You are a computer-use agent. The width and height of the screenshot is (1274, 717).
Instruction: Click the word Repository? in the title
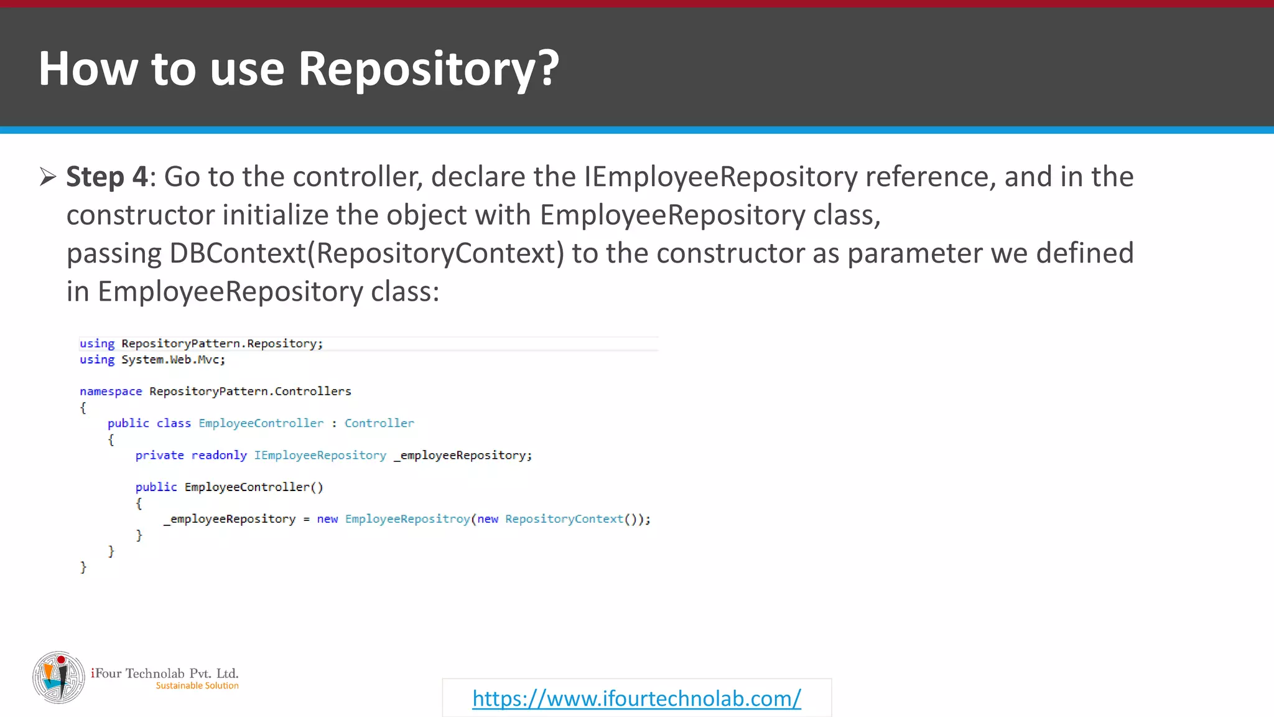(429, 68)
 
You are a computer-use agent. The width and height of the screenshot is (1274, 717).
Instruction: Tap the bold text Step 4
(107, 177)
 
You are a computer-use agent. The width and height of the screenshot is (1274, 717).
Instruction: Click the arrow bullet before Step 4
(48, 177)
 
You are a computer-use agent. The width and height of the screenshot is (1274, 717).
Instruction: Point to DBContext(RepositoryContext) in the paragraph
(366, 253)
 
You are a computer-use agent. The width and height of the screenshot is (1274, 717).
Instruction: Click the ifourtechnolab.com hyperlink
(636, 698)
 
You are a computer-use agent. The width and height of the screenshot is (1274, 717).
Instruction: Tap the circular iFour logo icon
(58, 677)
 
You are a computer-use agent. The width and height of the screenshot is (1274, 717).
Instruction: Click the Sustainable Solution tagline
(197, 686)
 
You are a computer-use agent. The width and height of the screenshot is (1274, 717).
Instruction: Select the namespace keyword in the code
(111, 391)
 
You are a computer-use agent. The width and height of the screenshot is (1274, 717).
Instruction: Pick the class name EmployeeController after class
(261, 423)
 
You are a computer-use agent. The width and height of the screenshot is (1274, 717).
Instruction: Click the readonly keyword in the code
(219, 456)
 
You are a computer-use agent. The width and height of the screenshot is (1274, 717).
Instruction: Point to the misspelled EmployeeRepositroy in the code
(407, 519)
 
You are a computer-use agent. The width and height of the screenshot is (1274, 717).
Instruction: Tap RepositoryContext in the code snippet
(564, 519)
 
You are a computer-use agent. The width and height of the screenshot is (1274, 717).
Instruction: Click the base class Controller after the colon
(379, 423)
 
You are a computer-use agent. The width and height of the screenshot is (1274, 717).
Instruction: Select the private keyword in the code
(160, 456)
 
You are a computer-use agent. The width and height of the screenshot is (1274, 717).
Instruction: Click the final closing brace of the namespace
(83, 567)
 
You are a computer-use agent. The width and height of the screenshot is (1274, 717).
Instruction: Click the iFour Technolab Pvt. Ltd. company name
(165, 673)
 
